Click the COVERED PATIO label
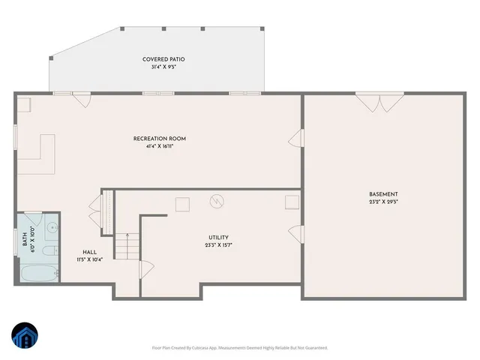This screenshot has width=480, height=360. click(x=163, y=59)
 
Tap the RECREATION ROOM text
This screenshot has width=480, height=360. click(x=160, y=139)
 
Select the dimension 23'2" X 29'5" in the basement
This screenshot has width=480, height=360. click(x=384, y=202)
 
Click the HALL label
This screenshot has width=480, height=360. click(x=88, y=252)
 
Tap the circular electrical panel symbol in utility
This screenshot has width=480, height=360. click(x=217, y=202)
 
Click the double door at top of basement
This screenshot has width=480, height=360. click(x=379, y=100)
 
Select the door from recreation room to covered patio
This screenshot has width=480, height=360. click(x=82, y=97)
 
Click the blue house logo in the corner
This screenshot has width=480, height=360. click(x=25, y=335)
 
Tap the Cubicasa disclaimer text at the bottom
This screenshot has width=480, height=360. click(x=239, y=347)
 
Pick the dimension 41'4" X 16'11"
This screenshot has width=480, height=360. click(x=160, y=146)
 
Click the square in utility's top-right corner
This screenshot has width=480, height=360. click(x=292, y=201)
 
